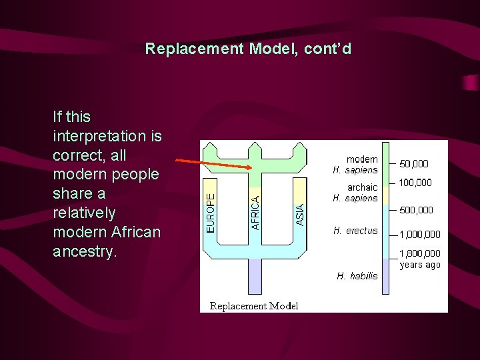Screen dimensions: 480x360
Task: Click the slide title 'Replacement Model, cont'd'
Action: click(x=248, y=49)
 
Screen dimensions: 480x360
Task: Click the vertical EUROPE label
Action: click(x=211, y=213)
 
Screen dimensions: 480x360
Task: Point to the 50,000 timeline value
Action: click(x=414, y=164)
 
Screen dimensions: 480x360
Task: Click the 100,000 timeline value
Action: click(x=415, y=183)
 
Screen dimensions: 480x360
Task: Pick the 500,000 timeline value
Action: click(x=416, y=210)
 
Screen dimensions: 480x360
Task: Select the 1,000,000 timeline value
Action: click(x=420, y=234)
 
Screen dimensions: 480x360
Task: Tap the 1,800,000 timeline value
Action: click(x=420, y=253)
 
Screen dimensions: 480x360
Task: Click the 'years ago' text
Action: click(x=420, y=265)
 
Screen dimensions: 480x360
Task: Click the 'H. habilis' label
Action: click(x=357, y=276)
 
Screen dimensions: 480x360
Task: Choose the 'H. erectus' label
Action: click(x=355, y=231)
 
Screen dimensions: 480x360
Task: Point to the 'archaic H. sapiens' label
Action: click(x=355, y=193)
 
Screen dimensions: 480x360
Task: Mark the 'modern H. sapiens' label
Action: click(x=355, y=165)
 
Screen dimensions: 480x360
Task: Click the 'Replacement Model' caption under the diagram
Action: click(x=254, y=306)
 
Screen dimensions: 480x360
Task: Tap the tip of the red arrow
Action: click(x=251, y=169)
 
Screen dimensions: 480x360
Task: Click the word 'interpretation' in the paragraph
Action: click(x=107, y=136)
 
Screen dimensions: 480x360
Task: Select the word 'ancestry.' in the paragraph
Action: click(x=84, y=252)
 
